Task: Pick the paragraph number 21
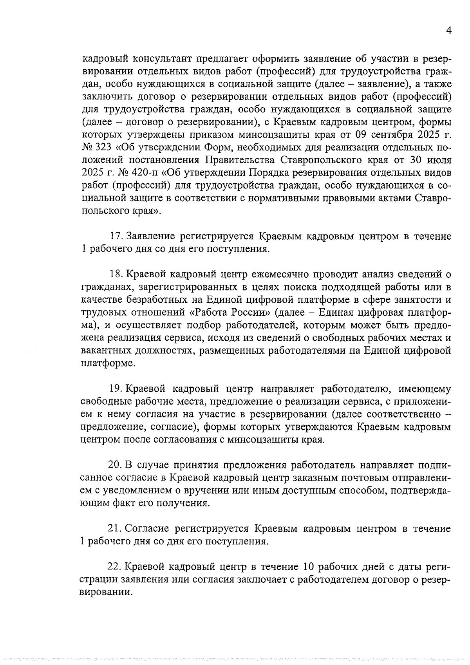click(x=114, y=529)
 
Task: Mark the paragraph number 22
click(x=114, y=567)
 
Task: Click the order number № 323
click(x=98, y=148)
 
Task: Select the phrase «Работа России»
click(x=229, y=313)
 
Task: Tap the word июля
click(x=437, y=160)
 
